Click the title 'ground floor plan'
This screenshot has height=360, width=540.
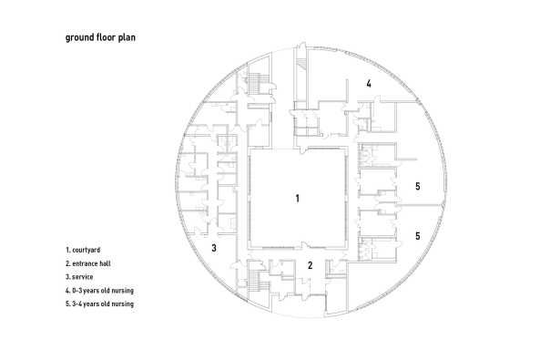point(100,37)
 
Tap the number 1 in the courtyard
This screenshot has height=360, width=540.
point(298,199)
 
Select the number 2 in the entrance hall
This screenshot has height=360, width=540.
point(311,265)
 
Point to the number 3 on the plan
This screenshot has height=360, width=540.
point(214,248)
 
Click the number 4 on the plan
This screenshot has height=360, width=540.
point(369,84)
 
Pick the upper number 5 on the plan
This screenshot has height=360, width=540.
point(418,186)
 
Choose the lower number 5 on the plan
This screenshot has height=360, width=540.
point(418,236)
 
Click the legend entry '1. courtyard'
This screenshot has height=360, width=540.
point(83,250)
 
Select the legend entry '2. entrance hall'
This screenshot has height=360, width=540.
point(88,263)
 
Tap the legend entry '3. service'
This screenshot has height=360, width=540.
point(79,277)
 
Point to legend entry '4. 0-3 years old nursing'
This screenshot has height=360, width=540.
point(99,291)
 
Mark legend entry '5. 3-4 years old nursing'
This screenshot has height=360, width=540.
point(99,304)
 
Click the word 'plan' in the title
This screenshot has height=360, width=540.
point(127,38)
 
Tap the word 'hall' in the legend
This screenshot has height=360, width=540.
point(106,263)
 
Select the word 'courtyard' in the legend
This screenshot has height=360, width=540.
point(87,251)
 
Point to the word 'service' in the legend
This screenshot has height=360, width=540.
point(83,277)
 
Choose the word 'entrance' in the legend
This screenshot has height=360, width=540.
point(85,263)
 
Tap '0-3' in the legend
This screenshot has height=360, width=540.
point(77,291)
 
